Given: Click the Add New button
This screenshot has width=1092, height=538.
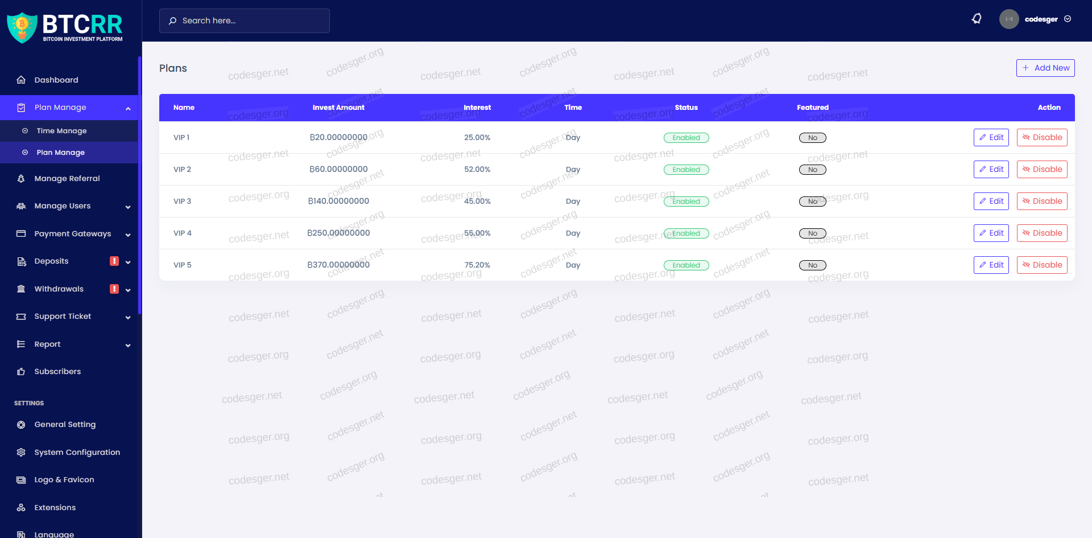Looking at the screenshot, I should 1045,68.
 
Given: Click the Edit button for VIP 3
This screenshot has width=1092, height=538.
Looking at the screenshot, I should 991,201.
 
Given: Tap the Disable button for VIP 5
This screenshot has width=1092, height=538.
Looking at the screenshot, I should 1042,265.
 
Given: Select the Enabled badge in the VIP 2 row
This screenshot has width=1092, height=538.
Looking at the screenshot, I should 686,170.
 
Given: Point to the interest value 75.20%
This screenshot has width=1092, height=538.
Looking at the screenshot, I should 477,265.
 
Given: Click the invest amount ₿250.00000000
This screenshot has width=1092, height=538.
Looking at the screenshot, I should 338,233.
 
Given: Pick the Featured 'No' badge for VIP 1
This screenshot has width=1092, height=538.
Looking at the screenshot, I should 812,138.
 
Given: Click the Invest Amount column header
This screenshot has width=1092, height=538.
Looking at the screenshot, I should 338,108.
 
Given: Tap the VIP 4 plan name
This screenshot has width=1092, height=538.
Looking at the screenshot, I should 183,233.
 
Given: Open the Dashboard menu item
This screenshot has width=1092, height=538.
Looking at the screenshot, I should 56,80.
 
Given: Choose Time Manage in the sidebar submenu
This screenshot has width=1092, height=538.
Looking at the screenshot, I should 61,131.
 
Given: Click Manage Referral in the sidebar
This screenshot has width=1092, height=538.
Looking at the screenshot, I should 67,178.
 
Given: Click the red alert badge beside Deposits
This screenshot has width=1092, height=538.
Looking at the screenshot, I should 114,261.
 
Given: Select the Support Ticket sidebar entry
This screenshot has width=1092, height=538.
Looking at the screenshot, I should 63,317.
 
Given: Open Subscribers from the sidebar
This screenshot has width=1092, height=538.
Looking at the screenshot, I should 57,371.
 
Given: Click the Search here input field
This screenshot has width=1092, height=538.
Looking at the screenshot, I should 245,20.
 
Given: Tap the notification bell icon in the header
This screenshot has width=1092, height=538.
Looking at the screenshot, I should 977,19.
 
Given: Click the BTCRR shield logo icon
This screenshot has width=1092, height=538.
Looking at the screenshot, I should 22,27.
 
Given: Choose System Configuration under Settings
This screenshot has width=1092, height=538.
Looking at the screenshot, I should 77,452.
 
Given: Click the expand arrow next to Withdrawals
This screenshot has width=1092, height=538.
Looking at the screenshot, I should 128,290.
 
